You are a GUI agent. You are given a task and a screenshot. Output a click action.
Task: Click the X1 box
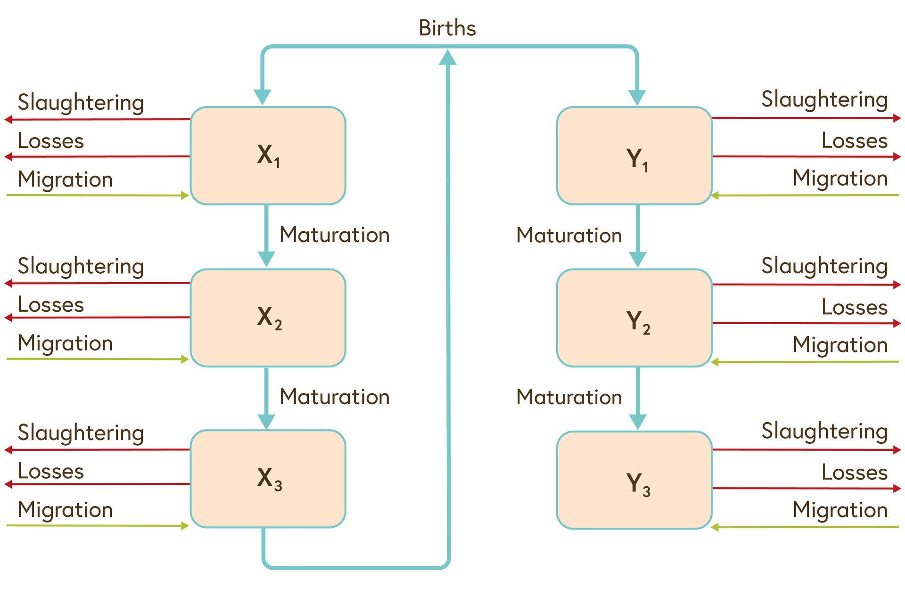click(x=268, y=155)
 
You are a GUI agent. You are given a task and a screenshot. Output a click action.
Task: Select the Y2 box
click(x=634, y=318)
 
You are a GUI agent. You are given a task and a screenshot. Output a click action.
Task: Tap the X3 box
click(x=268, y=479)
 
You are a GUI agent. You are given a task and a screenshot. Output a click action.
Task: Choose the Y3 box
click(x=634, y=480)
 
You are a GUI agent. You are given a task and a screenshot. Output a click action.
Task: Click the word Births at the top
click(x=447, y=28)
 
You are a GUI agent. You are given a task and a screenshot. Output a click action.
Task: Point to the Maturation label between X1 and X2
click(x=335, y=235)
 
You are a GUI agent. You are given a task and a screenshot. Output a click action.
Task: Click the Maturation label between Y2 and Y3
click(x=569, y=397)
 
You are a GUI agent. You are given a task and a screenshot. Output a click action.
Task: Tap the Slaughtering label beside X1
click(x=81, y=103)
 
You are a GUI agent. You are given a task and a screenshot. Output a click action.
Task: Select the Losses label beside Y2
click(x=854, y=307)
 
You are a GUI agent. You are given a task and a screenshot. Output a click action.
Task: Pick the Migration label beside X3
click(x=65, y=510)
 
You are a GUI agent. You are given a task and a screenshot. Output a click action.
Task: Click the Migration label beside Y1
click(x=840, y=178)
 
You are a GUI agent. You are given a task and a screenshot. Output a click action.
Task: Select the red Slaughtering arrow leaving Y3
click(x=806, y=450)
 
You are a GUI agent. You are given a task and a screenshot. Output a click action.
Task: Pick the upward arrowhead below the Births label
click(x=447, y=57)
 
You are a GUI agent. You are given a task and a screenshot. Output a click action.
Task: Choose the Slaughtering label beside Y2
click(x=824, y=266)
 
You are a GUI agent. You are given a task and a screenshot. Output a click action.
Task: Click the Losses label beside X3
click(x=51, y=472)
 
